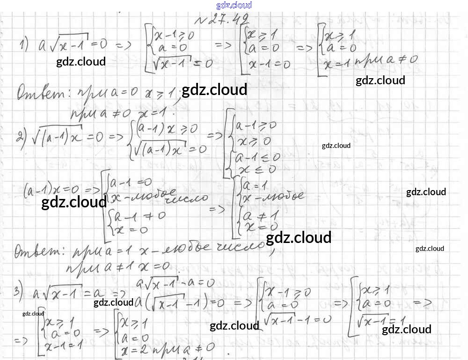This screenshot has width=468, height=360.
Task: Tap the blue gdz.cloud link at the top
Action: tap(234, 5)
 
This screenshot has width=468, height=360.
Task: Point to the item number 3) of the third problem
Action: tap(18, 291)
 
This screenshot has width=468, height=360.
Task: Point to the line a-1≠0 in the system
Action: tap(127, 217)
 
